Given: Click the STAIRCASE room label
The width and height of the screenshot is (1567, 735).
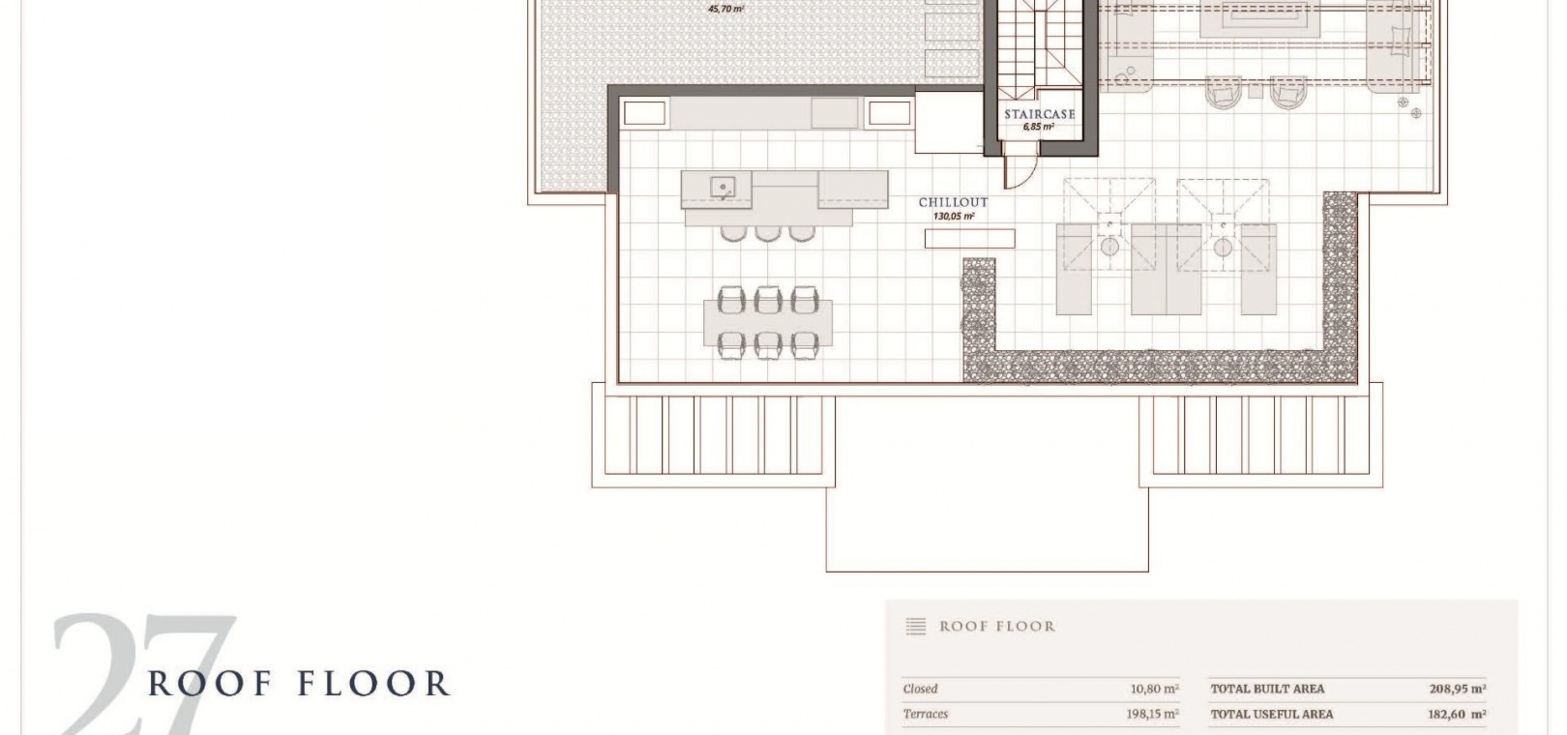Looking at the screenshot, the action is (x=1040, y=114).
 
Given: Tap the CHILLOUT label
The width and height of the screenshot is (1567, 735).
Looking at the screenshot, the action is (x=953, y=202).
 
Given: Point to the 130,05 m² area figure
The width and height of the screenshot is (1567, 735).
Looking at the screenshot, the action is (x=954, y=216).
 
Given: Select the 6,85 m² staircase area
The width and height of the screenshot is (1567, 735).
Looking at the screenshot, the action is (x=1039, y=128).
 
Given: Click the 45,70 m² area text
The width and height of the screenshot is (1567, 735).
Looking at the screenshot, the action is (x=726, y=10).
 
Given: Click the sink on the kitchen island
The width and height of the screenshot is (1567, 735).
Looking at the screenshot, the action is (x=723, y=188).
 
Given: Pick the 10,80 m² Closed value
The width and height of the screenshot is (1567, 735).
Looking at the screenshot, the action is (x=1154, y=689).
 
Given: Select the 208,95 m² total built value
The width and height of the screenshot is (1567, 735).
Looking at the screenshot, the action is (x=1457, y=689).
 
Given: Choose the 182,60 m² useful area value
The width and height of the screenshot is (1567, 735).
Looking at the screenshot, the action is (x=1457, y=714).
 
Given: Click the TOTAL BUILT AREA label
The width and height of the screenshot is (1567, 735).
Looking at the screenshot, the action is (x=1267, y=689).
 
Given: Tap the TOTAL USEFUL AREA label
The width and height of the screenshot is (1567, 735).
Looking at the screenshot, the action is (x=1272, y=714).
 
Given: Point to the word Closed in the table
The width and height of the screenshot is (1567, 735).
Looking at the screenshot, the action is (x=920, y=689).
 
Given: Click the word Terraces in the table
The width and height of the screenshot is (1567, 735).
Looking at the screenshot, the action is (x=926, y=714).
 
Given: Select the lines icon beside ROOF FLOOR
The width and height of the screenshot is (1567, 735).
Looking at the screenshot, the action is (x=916, y=626).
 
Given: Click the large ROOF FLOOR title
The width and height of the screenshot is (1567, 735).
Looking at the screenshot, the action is (x=299, y=683).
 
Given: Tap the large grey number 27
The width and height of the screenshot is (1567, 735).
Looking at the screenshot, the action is (x=143, y=673).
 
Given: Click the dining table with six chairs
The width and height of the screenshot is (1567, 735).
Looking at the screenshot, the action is (x=768, y=322).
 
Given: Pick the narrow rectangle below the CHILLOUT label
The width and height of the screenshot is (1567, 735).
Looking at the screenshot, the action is (x=969, y=239).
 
